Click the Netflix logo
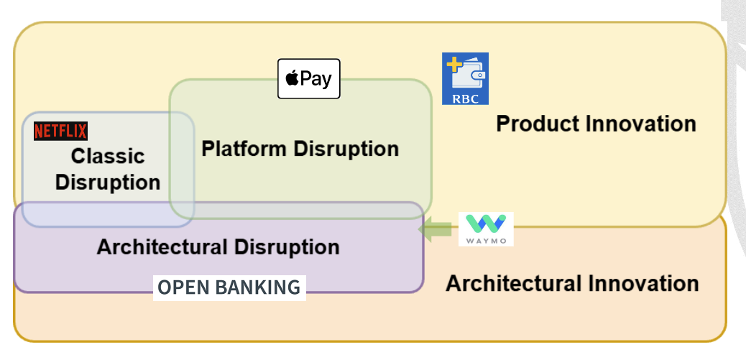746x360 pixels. (60, 131)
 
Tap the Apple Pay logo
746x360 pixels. (308, 78)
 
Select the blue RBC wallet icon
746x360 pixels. (465, 78)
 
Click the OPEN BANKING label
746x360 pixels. (229, 287)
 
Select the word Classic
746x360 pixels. (108, 156)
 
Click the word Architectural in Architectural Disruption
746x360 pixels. (158, 247)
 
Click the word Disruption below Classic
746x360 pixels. (108, 183)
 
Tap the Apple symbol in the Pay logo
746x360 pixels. (292, 78)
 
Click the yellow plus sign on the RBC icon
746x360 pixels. (453, 64)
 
